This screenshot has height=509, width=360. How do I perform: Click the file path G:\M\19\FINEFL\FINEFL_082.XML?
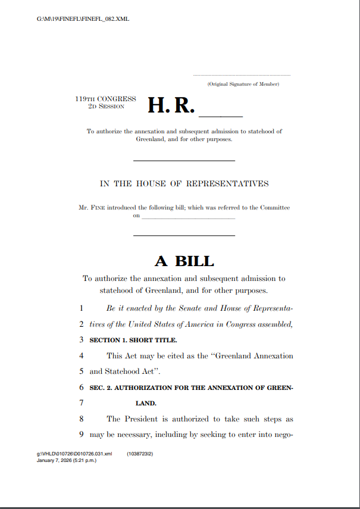[x=83, y=19]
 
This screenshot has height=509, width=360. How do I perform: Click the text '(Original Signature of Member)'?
[x=243, y=85]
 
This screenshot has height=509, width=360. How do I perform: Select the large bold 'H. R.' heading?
[x=171, y=105]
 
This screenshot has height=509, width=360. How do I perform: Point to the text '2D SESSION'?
[x=106, y=106]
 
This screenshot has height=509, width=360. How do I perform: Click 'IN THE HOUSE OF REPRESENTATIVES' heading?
[x=184, y=183]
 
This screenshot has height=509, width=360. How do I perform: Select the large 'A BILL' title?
[x=184, y=261]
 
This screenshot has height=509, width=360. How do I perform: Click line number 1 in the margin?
[x=81, y=309]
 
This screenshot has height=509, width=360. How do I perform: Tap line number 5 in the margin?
[x=81, y=371]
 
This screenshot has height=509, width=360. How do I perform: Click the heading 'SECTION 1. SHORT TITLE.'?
[x=133, y=341]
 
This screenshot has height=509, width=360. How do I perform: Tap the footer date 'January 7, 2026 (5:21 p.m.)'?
[x=67, y=460]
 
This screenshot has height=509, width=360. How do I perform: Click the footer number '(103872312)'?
[x=140, y=454]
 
